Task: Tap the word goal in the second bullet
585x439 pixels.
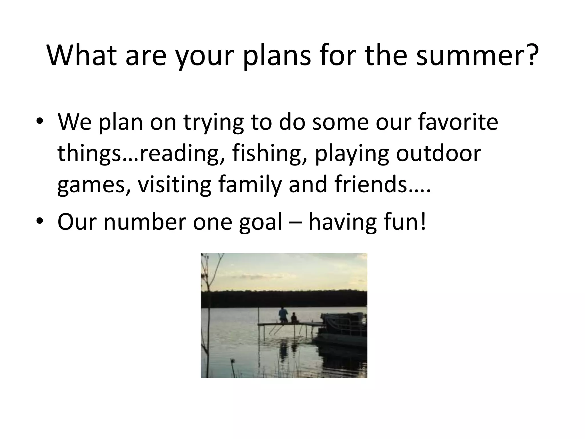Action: pos(261,222)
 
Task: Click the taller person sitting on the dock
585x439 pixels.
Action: pos(283,314)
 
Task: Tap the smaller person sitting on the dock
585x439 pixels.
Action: pos(294,318)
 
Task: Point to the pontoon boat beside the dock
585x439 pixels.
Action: pos(343,329)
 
